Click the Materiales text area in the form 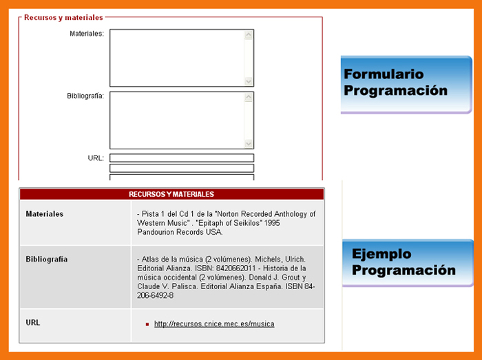pos(181,58)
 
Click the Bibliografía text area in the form pos(181,120)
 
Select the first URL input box pos(182,158)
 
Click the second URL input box pos(182,168)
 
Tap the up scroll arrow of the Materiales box pos(249,35)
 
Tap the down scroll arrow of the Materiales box pos(249,81)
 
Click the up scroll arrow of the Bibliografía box pos(249,97)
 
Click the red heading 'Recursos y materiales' pos(63,17)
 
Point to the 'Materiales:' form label pos(87,34)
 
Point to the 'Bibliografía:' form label pos(85,96)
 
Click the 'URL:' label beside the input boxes pos(96,158)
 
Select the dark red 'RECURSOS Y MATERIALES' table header pos(171,194)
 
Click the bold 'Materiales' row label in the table pos(45,214)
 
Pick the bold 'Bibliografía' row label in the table pos(47,260)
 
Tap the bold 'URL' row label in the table pos(33,323)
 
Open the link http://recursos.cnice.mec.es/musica pos(214,324)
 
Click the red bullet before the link pos(147,324)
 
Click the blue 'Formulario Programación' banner pos(406,85)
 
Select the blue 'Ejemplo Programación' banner pos(408,263)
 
